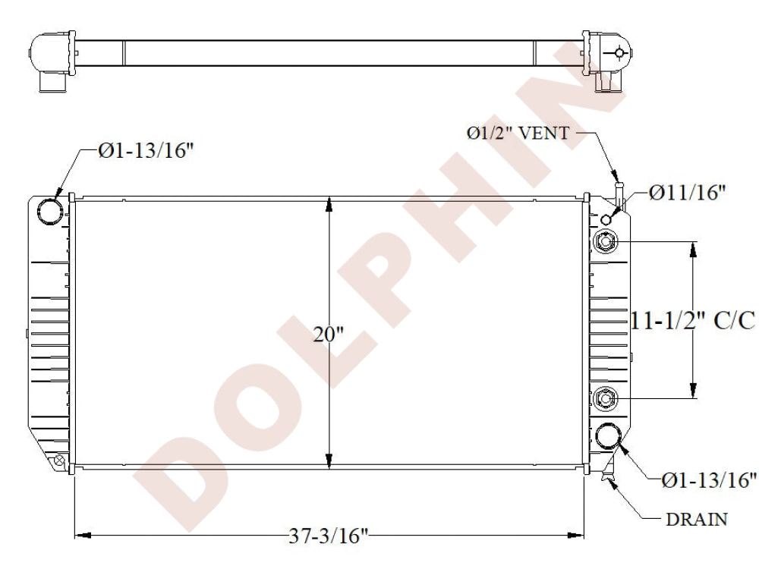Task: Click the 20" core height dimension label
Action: (328, 335)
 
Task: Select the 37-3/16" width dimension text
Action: (329, 536)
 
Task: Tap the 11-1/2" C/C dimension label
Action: (693, 320)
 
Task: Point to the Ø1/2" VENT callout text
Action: (518, 133)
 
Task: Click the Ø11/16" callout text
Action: (688, 193)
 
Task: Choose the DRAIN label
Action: (697, 519)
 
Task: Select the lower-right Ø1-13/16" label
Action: (709, 479)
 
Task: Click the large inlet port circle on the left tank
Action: (50, 212)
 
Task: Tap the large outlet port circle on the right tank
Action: (608, 436)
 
